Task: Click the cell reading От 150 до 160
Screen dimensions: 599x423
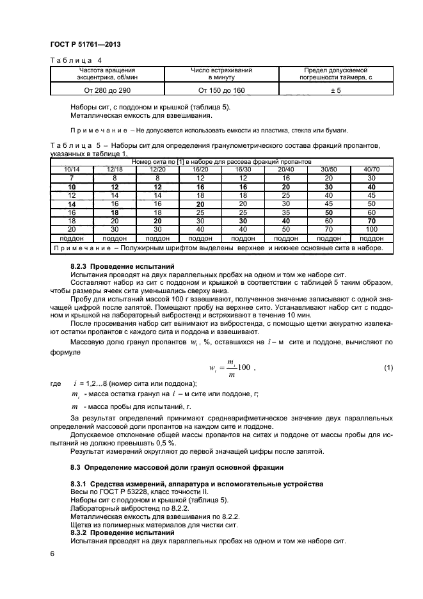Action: tap(221, 90)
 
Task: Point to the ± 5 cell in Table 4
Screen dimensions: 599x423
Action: tap(336, 90)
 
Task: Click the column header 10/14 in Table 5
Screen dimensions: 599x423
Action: tap(72, 168)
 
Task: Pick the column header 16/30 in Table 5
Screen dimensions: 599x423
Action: tap(242, 168)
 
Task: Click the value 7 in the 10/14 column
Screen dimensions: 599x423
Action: tap(72, 177)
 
